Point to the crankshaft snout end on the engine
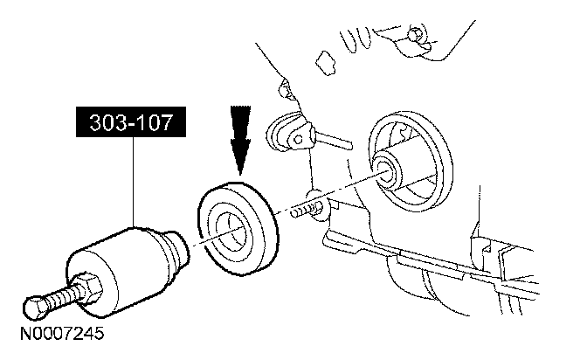390,170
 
